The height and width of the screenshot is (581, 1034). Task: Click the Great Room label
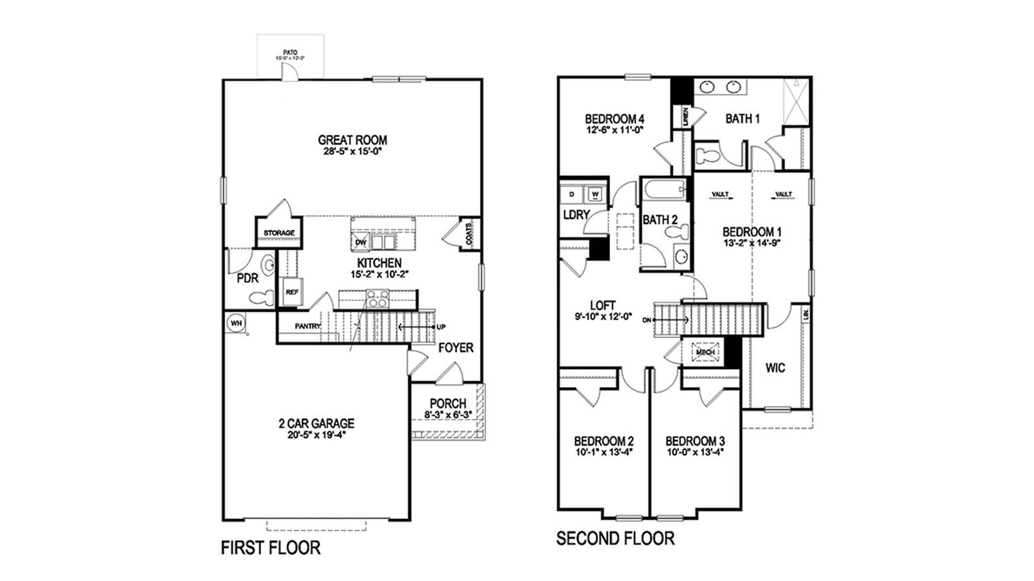352,140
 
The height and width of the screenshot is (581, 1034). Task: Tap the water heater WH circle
235,322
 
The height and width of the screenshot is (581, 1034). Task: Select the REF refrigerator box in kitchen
292,292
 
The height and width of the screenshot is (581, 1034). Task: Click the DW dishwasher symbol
361,242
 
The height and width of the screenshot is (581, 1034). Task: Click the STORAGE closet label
279,233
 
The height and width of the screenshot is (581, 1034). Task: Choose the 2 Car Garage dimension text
316,434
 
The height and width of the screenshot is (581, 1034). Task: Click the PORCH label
447,403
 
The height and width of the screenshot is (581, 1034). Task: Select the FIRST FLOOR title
271,548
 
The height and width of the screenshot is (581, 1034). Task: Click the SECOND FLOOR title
615,538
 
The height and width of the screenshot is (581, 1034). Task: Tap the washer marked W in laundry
595,193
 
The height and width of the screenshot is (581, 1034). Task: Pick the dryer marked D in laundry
572,193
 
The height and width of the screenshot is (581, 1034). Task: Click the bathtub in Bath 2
664,191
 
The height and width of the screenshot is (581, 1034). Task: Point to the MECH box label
704,352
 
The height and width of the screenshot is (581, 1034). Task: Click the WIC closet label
775,368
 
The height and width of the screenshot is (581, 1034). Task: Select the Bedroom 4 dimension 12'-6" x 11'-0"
615,129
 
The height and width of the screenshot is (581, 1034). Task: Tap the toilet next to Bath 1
708,154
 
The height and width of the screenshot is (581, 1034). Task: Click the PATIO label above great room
290,52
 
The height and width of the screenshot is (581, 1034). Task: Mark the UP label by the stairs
441,327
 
